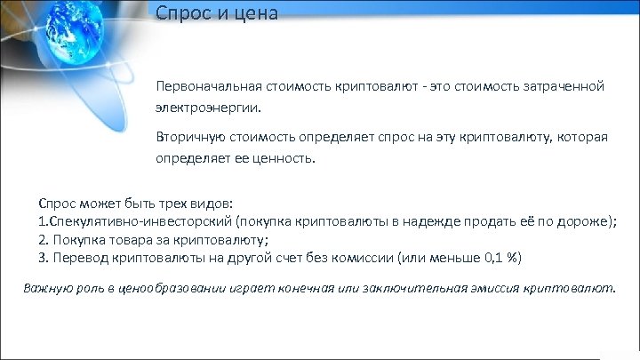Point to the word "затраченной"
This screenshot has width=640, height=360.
pos(563,87)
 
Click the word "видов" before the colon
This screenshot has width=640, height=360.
pos(208,203)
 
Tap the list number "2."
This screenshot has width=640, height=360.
pos(44,239)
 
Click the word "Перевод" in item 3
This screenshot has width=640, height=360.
pos(78,258)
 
